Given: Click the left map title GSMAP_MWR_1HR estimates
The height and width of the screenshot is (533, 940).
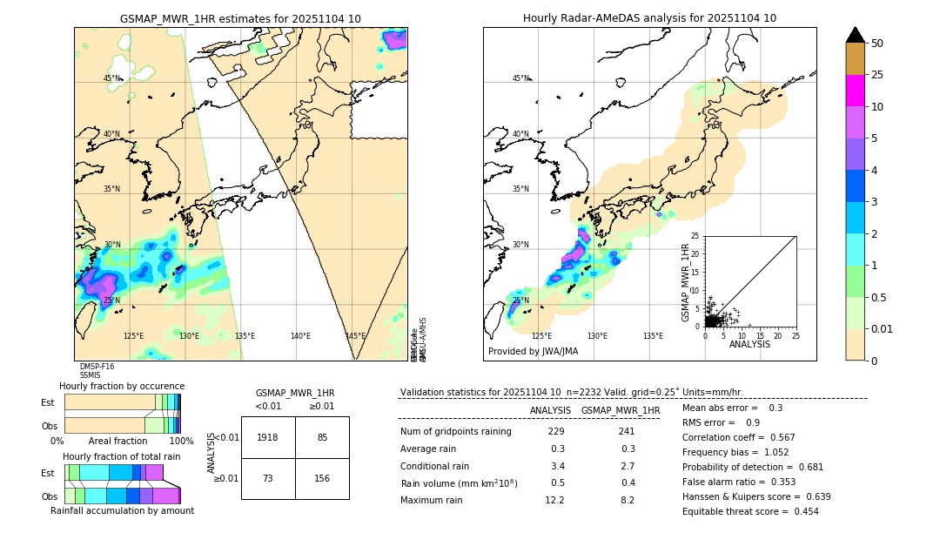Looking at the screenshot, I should coord(240,18).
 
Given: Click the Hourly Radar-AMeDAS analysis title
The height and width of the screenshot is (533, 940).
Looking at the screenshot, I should coord(649,18).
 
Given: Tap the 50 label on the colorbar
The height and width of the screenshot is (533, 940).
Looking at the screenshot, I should coord(877,44).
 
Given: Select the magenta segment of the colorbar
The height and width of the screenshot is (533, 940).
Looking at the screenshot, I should coord(856,91).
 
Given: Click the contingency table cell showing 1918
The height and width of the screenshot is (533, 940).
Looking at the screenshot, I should coord(268,437).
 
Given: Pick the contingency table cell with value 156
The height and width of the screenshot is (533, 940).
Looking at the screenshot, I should coord(322,478).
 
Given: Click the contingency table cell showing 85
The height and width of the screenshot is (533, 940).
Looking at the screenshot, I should coord(322,437).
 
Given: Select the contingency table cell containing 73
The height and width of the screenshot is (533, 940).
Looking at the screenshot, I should coord(268,478).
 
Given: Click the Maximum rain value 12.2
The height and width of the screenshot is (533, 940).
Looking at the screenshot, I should coord(554,500).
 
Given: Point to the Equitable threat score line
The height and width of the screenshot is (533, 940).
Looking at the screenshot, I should coord(750,511).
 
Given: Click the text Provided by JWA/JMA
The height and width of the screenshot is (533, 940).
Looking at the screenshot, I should coord(533,352).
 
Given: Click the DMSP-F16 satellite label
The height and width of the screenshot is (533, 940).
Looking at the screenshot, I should coord(97,367).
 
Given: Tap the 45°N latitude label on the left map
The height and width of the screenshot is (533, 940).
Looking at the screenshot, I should coord(111,78).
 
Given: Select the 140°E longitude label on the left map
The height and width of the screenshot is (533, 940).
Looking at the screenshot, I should coord(300,336).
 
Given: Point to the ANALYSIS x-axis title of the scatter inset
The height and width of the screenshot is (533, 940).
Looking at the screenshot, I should coord(749,344).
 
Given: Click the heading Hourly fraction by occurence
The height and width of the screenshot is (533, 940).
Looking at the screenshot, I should coord(122,386).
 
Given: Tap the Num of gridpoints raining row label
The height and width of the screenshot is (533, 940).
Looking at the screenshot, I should coord(456,432).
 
